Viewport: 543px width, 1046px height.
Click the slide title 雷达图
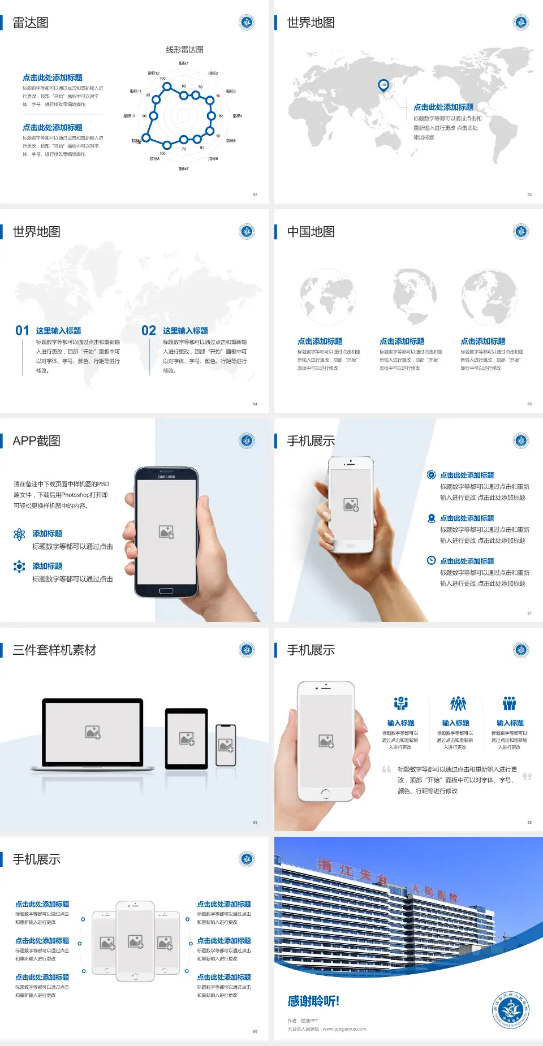pos(31,23)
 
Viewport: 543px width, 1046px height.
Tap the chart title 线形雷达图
pos(184,50)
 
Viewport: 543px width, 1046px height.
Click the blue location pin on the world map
pos(383,85)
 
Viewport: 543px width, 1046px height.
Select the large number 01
pos(22,331)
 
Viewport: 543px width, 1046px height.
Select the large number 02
pos(149,331)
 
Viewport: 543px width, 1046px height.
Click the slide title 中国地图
pos(311,232)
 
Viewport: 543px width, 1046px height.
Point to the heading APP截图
pos(37,441)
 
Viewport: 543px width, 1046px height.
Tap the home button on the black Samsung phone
pos(166,591)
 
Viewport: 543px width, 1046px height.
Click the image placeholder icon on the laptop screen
pos(93,732)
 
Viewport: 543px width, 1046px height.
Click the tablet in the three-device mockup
pos(187,738)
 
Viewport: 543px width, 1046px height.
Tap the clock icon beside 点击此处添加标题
pos(431,560)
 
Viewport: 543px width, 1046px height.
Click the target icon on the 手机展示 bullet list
pos(431,475)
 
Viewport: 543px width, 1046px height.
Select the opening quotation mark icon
pos(386,770)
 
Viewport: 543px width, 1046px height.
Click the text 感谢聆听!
pos(313,1001)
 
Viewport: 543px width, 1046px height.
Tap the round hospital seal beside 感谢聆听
pos(510,1010)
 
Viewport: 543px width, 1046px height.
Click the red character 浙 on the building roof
pos(325,865)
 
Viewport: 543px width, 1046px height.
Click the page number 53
pos(529,194)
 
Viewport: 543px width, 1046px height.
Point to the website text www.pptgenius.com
pos(344,1029)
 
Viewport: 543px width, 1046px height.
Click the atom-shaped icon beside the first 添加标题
pos(19,534)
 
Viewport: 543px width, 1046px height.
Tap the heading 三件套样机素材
pos(54,650)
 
